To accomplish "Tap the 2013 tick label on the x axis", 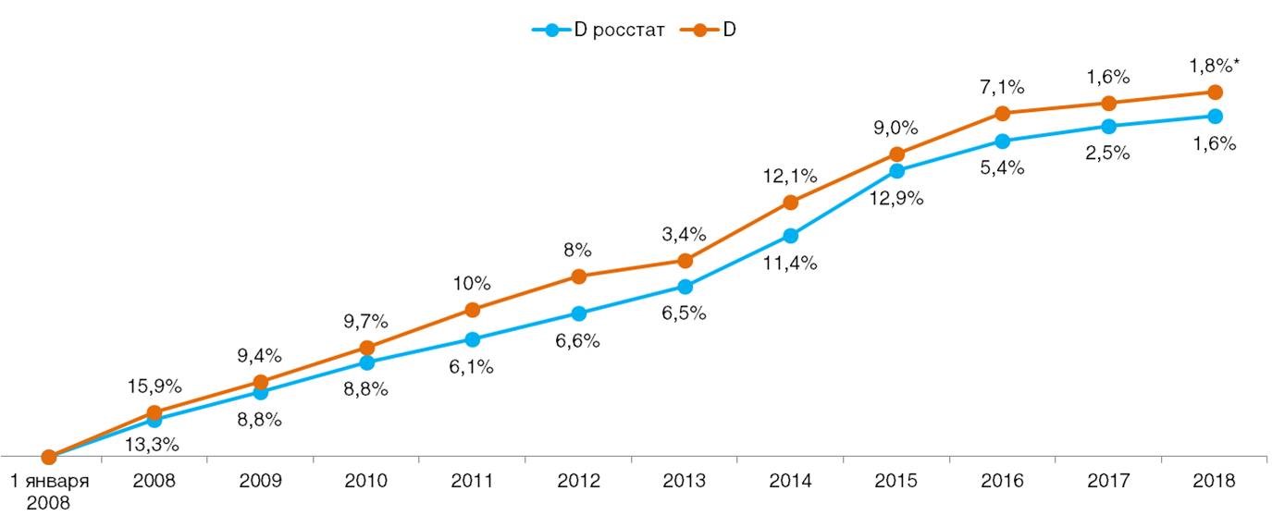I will click(684, 481).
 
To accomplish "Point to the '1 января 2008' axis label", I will click(49, 492).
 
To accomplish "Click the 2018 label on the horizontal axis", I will click(1215, 481).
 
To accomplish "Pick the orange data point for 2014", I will click(790, 203).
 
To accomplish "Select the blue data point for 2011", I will click(473, 339).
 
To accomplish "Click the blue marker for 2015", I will click(896, 171).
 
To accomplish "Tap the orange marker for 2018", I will click(1215, 92).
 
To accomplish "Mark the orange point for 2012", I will click(578, 276).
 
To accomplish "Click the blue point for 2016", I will click(1002, 141).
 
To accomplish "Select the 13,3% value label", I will click(154, 444).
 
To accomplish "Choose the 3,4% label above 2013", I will click(684, 234).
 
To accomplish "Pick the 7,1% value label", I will click(1002, 88).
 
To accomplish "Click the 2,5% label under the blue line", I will click(1108, 153).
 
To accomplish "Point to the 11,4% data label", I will click(790, 264).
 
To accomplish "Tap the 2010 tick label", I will click(366, 481).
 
